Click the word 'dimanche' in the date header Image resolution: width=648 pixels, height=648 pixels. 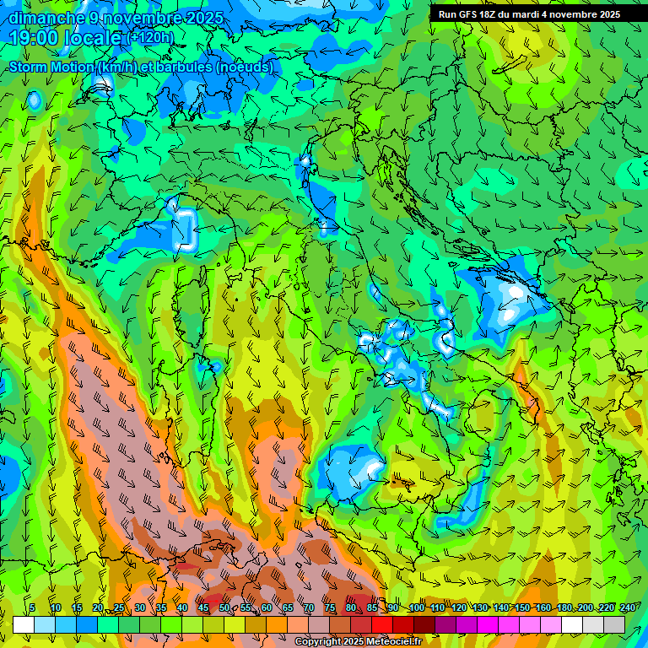point(42,18)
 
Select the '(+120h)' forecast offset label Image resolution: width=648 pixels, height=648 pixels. point(151,37)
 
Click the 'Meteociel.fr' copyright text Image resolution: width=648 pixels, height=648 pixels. point(391,642)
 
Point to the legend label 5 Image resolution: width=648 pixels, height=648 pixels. point(32,607)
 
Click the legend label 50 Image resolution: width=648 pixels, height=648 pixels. point(224,607)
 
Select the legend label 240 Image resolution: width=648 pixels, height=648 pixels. point(628,607)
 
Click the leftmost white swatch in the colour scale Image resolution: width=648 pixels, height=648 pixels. point(24,624)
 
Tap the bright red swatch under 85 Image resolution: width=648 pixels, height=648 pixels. point(382,624)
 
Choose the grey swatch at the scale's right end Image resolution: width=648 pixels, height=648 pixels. point(614,624)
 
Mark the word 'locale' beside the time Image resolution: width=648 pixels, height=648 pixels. point(96,37)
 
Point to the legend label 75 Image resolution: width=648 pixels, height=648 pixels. point(330,607)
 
